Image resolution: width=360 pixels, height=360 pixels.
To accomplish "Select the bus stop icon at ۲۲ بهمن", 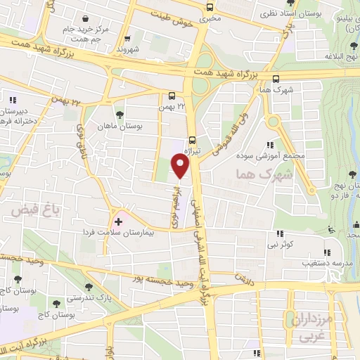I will click(x=172, y=96).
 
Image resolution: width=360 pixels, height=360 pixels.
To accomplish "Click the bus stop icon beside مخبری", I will click(x=210, y=8).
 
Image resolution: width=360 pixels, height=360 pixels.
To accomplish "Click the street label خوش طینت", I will click(x=172, y=22).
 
